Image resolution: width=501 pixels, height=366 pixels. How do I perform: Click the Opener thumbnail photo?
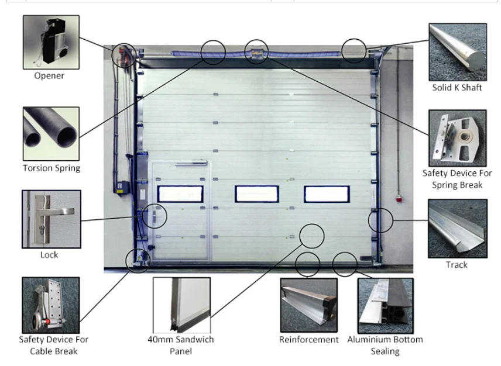(x=51, y=42)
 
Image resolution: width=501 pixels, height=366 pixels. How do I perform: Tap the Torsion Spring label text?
(x=51, y=168)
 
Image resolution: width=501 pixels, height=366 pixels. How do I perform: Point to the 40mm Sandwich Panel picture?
(x=181, y=305)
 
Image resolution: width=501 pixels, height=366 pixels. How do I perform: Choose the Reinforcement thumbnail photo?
(x=308, y=305)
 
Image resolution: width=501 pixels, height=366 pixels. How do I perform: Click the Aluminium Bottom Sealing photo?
(x=385, y=305)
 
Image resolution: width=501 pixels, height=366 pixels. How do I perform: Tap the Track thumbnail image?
(x=457, y=228)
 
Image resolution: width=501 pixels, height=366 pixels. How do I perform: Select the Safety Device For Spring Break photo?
(x=457, y=138)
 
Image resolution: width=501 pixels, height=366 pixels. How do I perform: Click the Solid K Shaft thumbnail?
(x=457, y=51)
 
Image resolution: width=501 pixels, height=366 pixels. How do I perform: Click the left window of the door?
(x=180, y=194)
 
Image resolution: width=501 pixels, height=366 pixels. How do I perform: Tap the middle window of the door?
(x=257, y=194)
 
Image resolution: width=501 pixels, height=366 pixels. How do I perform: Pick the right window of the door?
(x=327, y=194)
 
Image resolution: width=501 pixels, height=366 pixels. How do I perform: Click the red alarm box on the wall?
(x=400, y=199)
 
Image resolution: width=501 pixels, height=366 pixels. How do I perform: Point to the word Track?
(x=457, y=265)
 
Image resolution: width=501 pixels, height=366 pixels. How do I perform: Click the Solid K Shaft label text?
(x=457, y=88)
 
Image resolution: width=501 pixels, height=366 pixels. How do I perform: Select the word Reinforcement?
(x=308, y=339)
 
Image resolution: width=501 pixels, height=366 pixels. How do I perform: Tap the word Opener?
(x=49, y=75)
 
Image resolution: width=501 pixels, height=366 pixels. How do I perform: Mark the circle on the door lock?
(x=155, y=216)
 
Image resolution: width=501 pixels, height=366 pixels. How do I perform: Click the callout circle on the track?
(x=380, y=220)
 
